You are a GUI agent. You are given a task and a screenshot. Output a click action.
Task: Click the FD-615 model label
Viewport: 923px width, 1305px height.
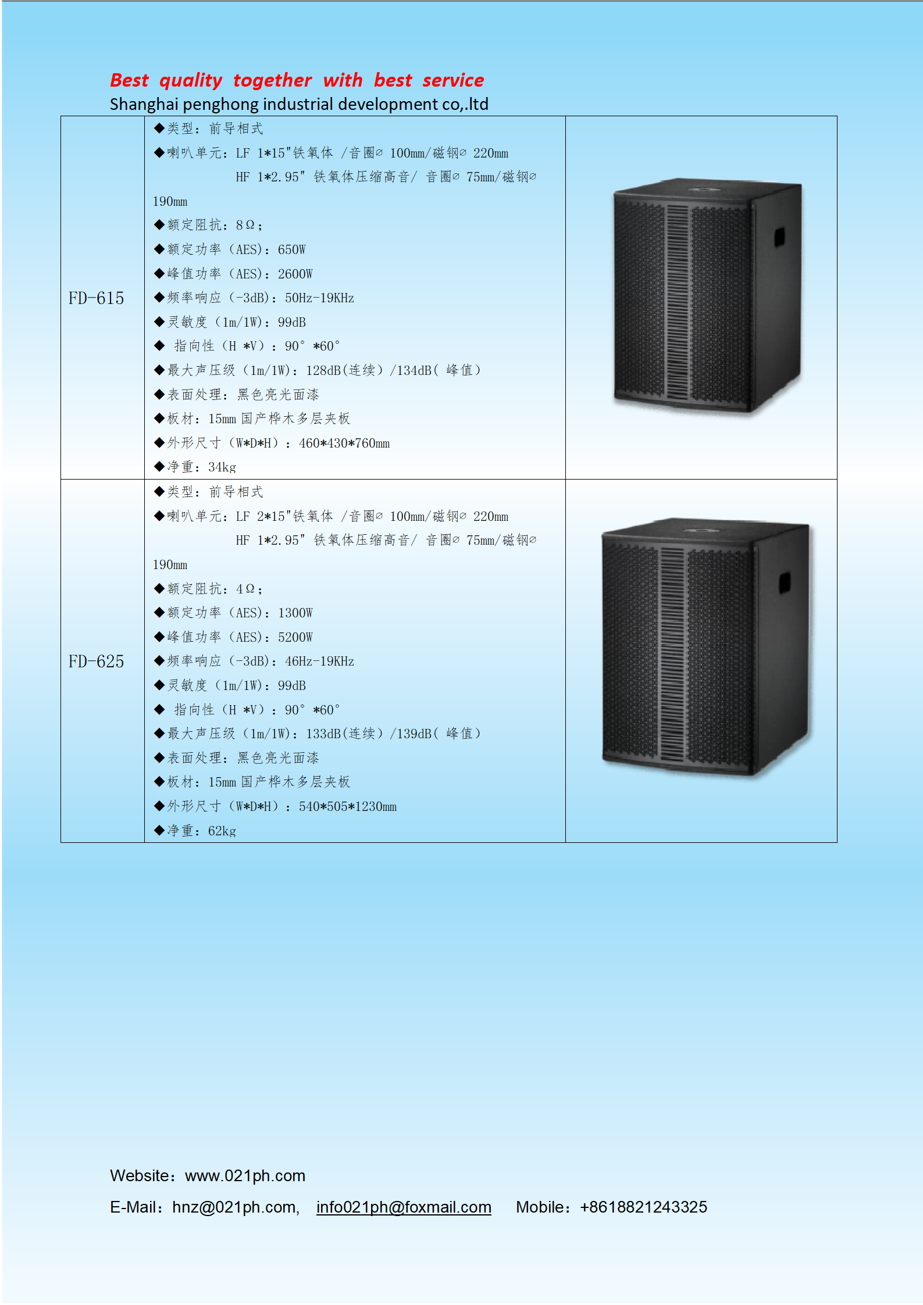(x=96, y=298)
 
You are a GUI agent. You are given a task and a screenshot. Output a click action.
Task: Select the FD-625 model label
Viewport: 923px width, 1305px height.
(x=96, y=662)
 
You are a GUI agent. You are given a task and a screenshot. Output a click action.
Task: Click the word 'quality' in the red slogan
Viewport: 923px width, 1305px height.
(x=191, y=81)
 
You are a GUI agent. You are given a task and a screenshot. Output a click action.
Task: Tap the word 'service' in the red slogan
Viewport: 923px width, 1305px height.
(x=453, y=80)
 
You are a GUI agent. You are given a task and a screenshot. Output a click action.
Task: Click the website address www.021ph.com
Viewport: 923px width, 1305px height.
(x=245, y=1175)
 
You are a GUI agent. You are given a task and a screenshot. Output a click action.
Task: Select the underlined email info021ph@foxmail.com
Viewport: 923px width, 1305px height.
(x=404, y=1207)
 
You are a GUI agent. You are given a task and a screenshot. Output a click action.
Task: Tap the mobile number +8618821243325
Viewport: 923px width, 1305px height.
(x=643, y=1207)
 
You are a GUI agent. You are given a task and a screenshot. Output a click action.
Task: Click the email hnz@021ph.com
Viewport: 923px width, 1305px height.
(x=234, y=1207)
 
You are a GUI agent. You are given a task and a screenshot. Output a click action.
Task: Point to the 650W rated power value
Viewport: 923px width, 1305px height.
(x=291, y=249)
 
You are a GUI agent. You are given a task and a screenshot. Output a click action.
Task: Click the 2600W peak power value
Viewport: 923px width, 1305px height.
(x=295, y=274)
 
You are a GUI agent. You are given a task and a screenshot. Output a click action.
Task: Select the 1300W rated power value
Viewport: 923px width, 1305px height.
(x=295, y=613)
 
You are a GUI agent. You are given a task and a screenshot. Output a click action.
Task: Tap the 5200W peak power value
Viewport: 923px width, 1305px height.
(x=295, y=637)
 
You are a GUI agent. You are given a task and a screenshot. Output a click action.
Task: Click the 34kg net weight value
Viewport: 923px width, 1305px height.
(x=222, y=467)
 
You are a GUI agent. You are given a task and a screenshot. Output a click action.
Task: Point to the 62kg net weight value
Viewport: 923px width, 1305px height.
(x=222, y=831)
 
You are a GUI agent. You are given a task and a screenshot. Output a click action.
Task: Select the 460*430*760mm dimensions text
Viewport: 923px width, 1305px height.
(x=344, y=444)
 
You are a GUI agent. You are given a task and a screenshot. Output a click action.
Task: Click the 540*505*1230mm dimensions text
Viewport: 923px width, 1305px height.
(x=348, y=807)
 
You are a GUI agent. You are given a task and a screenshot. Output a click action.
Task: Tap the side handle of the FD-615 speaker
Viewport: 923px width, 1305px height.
(x=779, y=237)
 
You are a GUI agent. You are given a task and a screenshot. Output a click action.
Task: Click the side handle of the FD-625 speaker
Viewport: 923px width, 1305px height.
(x=785, y=582)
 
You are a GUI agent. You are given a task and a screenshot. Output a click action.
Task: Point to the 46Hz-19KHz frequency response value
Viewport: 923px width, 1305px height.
(x=319, y=662)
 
